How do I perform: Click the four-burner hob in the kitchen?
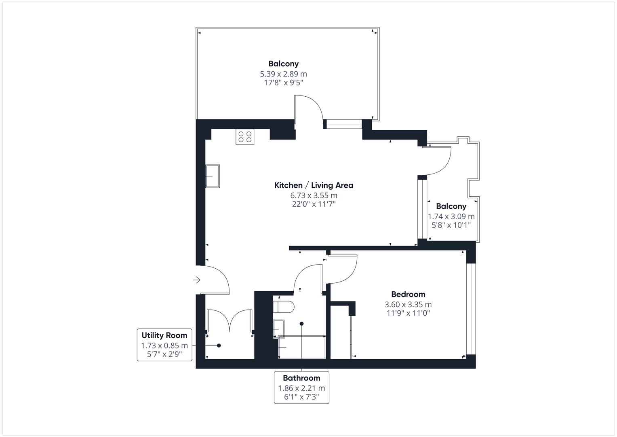click(x=245, y=137)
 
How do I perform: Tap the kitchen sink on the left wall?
click(x=213, y=176)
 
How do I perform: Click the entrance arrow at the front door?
click(x=197, y=280)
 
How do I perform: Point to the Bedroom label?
click(x=408, y=294)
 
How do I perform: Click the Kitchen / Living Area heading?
click(x=314, y=185)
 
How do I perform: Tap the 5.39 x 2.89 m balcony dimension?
click(x=283, y=74)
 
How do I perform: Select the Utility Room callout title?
click(x=164, y=335)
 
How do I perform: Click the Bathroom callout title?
click(x=301, y=378)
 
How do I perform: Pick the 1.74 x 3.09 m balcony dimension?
click(x=451, y=216)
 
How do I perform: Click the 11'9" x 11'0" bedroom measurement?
click(x=408, y=313)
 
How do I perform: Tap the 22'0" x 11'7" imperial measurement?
click(x=314, y=204)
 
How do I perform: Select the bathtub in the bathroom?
click(x=302, y=347)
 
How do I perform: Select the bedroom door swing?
click(x=343, y=269)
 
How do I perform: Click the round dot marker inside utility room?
click(x=219, y=346)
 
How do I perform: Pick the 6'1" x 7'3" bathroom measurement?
click(x=301, y=397)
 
